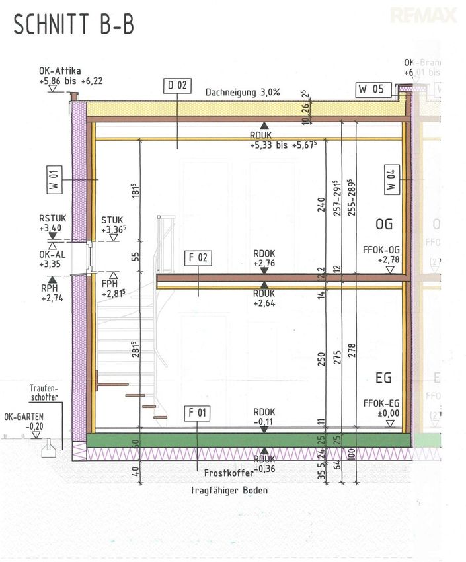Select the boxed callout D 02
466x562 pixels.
178,85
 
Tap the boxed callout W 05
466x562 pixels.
371,88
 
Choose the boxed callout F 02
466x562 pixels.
198,258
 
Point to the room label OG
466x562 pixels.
383,224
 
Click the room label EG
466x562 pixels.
383,378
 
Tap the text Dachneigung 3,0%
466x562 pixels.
243,93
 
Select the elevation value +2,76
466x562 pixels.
264,263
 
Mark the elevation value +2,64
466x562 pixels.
264,304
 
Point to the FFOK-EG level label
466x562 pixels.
382,403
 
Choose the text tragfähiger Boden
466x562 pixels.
229,491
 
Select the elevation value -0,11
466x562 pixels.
264,421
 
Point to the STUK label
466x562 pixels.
112,220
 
